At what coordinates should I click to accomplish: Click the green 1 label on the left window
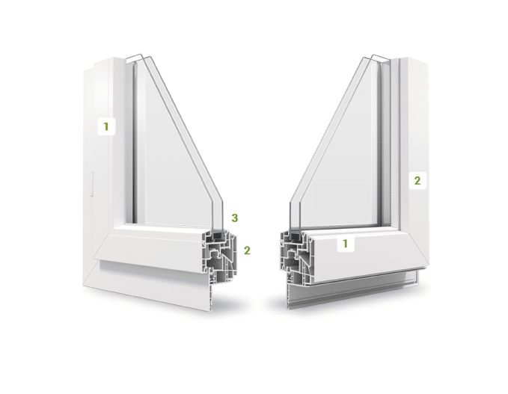pyautogui.click(x=106, y=126)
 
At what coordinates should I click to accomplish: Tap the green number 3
pyautogui.click(x=235, y=218)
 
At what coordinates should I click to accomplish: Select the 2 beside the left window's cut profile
pyautogui.click(x=247, y=250)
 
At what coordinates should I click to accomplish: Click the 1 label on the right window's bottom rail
pyautogui.click(x=346, y=244)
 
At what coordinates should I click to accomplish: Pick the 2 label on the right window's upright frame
pyautogui.click(x=417, y=180)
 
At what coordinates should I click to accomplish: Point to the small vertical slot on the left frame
pyautogui.click(x=92, y=182)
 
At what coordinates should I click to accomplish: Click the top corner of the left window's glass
pyautogui.click(x=141, y=55)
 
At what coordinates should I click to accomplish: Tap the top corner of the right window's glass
pyautogui.click(x=373, y=55)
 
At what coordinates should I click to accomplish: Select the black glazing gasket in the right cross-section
pyautogui.click(x=293, y=235)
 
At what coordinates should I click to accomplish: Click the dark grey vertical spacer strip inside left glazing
pyautogui.click(x=134, y=143)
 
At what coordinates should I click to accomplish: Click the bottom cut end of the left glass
pyautogui.click(x=217, y=229)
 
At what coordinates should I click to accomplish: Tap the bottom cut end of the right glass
pyautogui.click(x=295, y=230)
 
